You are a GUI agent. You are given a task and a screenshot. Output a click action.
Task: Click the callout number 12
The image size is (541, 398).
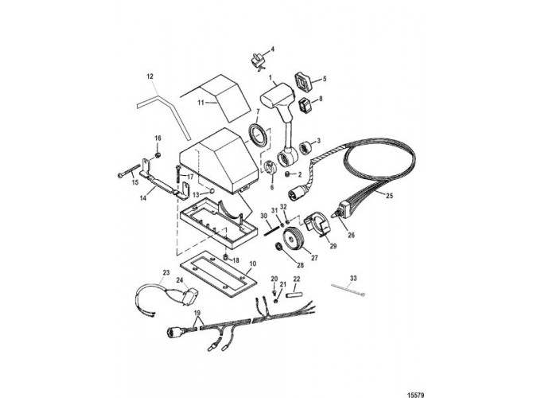150,76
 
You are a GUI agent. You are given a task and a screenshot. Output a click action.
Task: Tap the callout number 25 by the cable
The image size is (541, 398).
389,196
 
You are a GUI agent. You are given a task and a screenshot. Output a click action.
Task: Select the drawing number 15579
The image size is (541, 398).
415,395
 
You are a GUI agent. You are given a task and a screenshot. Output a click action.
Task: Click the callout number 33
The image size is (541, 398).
353,279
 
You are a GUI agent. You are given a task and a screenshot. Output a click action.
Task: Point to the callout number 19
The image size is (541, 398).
197,313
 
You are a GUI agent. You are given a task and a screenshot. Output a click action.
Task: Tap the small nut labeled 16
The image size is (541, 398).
157,155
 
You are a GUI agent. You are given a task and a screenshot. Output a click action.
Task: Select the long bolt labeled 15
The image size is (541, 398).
129,171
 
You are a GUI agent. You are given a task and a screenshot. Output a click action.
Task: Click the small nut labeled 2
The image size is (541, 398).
289,174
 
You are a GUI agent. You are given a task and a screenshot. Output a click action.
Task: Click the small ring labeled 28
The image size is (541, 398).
278,247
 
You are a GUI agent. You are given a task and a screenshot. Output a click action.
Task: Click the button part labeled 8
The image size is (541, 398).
306,104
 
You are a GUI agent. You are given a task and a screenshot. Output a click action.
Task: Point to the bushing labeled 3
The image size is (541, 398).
306,147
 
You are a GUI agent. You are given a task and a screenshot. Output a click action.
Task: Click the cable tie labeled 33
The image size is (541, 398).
348,289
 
